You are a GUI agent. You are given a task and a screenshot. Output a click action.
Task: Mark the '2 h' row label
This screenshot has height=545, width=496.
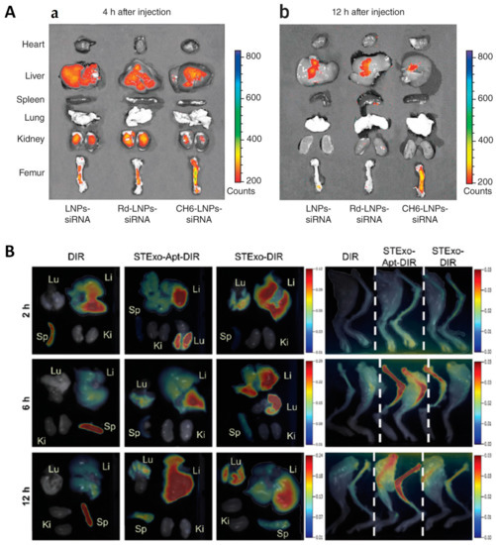click(17, 302)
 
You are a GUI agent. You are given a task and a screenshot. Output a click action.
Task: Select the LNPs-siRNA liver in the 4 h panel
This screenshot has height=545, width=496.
click(85, 75)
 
